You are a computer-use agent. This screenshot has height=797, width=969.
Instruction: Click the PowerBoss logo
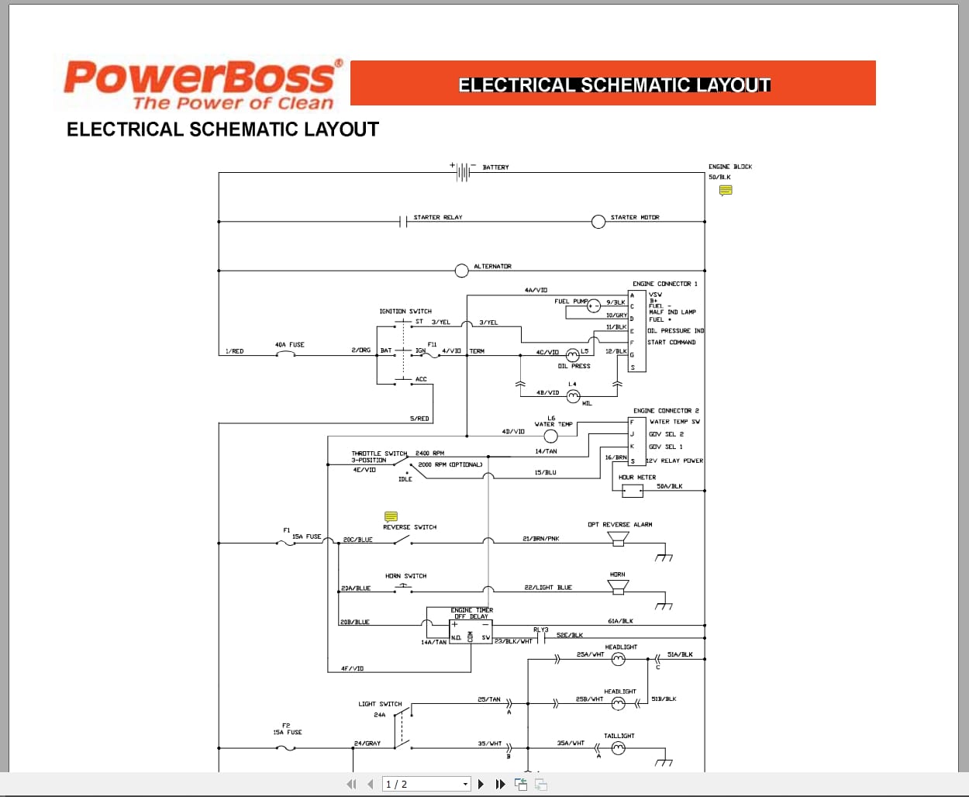pos(202,85)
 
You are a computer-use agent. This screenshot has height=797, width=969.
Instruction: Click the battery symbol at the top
pos(463,171)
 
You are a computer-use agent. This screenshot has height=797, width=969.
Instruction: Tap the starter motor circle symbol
pos(598,222)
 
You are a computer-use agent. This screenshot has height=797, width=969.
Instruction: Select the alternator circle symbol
pos(461,271)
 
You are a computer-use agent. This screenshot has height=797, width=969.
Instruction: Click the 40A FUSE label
pos(289,345)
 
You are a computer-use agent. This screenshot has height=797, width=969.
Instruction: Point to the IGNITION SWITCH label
pos(405,312)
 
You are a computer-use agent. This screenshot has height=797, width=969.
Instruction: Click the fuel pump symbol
pos(594,306)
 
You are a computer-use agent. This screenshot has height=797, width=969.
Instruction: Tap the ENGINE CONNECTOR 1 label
pos(664,284)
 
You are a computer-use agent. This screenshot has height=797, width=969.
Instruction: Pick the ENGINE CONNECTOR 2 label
pos(665,411)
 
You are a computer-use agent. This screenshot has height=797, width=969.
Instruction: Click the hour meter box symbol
pos(632,490)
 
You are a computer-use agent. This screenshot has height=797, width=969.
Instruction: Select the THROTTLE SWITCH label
pos(379,454)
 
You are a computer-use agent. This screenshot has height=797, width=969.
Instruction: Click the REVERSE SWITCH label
pos(409,527)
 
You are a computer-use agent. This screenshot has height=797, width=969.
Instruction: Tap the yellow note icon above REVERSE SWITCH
pos(391,516)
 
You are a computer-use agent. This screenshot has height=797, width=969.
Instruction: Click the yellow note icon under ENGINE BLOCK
pos(726,190)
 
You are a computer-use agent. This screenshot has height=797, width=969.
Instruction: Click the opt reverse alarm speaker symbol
pos(618,538)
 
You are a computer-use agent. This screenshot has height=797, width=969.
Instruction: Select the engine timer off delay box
pos(471,627)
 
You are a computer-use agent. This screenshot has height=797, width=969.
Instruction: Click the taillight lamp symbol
pos(618,748)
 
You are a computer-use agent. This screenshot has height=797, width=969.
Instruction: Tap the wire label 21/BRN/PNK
pos(540,539)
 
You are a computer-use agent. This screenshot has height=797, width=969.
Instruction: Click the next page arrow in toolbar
pos(481,784)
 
